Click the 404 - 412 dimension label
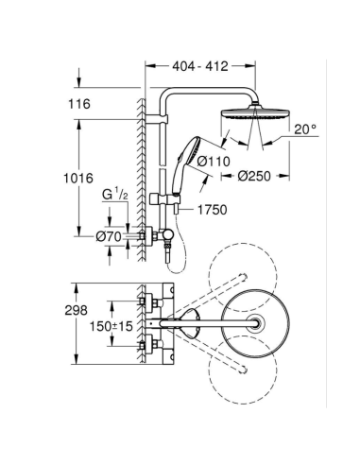pos(200,69)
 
